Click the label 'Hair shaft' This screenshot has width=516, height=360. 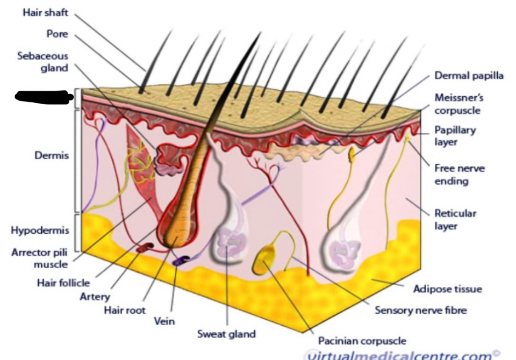pos(45,12)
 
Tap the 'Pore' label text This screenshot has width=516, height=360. pos(56,34)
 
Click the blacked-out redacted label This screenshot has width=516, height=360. pos(43,97)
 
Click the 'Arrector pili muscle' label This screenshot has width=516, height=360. pos(40,258)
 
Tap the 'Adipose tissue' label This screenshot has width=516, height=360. pos(447,289)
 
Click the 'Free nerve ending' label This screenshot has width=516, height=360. pos(460,175)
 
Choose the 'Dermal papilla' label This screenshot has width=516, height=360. pos(469,76)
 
